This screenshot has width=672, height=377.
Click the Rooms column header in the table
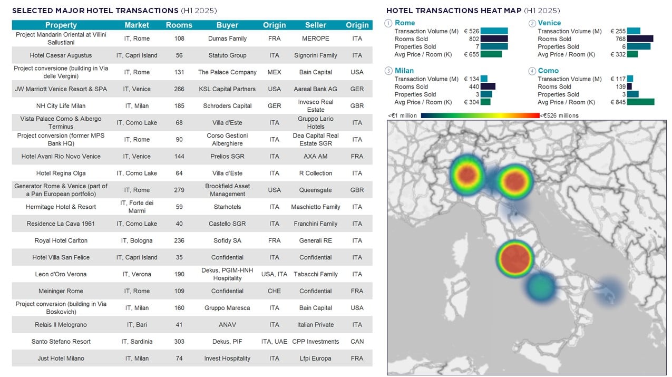pos(179,25)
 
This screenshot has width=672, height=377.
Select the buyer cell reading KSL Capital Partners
pos(227,89)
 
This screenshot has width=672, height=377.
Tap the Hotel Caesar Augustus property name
pos(61,55)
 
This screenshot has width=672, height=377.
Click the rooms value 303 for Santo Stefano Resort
pos(179,342)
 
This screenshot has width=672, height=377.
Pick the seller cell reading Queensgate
pos(315,190)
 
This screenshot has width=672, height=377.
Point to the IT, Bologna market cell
pos(137,240)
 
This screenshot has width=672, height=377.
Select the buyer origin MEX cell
pos(274,72)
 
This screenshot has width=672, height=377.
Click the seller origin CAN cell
pos(357,342)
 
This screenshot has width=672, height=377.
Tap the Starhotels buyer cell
pos(227,207)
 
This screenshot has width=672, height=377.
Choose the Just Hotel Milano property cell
pos(61,359)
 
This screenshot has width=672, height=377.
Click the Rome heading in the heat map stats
pos(405,23)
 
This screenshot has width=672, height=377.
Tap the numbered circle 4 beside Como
pos(532,71)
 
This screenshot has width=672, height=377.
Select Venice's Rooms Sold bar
pos(640,39)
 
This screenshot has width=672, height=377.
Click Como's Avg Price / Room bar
pos(640,102)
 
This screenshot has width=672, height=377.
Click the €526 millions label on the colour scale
pos(560,115)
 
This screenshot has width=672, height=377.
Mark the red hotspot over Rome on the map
pos(515,258)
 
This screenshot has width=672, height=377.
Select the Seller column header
pos(315,25)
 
